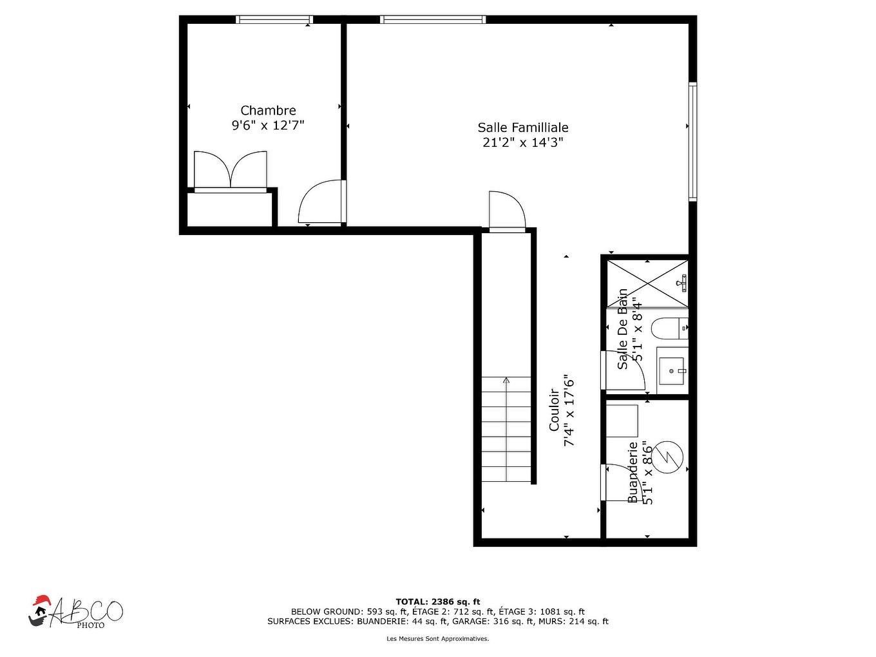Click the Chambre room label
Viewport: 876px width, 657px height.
click(268, 111)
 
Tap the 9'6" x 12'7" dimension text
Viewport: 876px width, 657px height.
click(268, 126)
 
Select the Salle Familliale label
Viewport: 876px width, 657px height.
click(523, 128)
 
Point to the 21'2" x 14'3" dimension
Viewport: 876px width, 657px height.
click(523, 142)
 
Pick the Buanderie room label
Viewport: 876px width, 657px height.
click(633, 471)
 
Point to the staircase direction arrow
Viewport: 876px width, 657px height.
click(506, 381)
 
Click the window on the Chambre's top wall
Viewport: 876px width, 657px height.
click(274, 19)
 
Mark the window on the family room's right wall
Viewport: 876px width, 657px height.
click(692, 142)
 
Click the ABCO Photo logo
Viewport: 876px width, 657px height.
click(75, 611)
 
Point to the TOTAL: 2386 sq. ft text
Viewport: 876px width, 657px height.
click(438, 602)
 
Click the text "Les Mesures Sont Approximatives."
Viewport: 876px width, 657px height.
click(438, 639)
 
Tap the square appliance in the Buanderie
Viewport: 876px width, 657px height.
click(622, 421)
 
